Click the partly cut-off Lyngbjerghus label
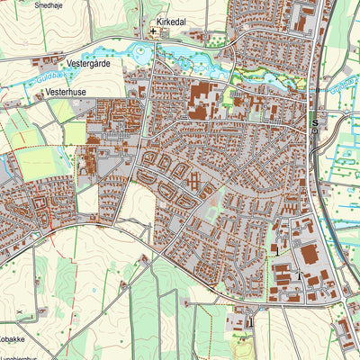pyautogui.click(x=20, y=356)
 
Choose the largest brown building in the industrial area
pyautogui.click(x=309, y=255)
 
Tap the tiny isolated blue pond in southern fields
pyautogui.click(x=142, y=258)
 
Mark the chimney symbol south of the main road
pyautogui.click(x=251, y=316)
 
